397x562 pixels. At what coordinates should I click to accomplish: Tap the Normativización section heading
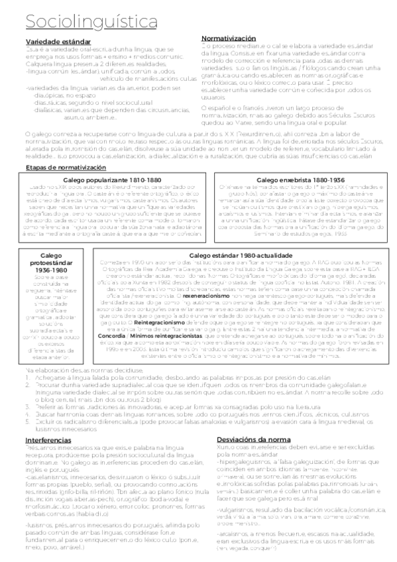(229, 38)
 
